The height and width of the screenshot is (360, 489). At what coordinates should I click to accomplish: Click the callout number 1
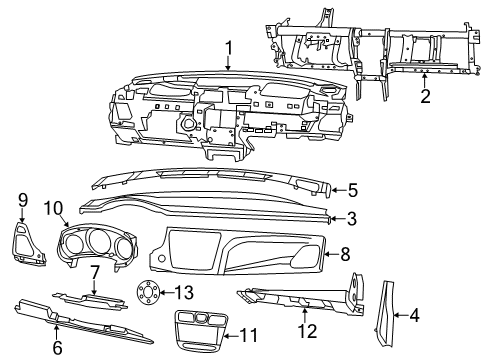[228, 46]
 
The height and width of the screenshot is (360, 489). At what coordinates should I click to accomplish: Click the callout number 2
[425, 96]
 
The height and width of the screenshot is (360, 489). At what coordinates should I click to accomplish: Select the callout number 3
[351, 218]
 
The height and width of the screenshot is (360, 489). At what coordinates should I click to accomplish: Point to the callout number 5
[351, 189]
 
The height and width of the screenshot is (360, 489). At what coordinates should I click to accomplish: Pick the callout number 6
[56, 347]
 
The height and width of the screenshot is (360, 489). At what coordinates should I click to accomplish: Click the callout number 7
[94, 272]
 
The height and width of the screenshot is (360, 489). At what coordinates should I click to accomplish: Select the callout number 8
[346, 254]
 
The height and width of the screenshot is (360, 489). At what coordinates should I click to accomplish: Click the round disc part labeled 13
[150, 295]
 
